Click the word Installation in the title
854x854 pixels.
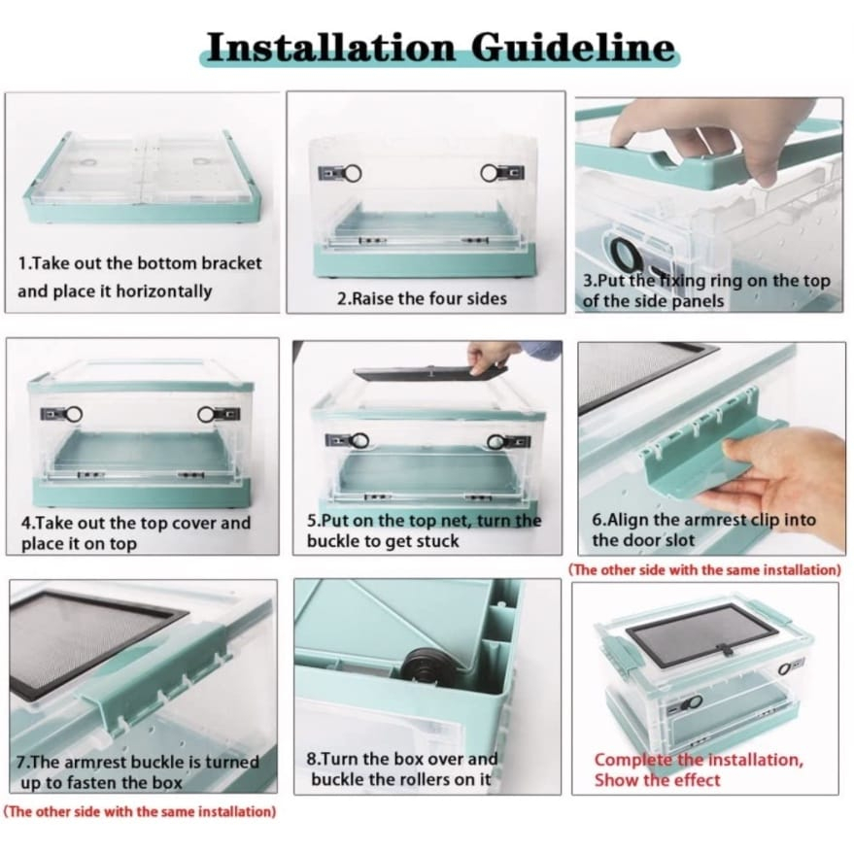coord(331,48)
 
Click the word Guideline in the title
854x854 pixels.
coord(573,48)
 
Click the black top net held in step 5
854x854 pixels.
coord(430,373)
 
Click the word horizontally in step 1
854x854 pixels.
coord(163,291)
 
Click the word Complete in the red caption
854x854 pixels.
coord(634,761)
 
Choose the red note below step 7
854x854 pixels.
coord(140,811)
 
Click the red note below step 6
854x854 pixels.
coord(704,570)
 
